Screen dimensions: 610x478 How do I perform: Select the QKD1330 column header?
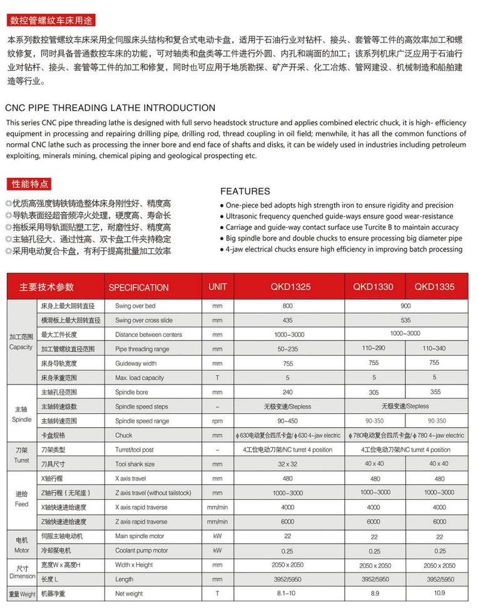coord(373,287)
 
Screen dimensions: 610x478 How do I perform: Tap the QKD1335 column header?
coord(434,287)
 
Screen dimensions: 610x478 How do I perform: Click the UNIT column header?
coord(217,287)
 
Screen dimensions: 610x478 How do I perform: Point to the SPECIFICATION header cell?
coord(138,287)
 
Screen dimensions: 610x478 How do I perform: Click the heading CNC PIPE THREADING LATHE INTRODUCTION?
coord(110,108)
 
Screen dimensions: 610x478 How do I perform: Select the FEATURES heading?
coord(245,191)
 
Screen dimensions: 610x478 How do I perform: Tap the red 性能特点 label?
coord(28,184)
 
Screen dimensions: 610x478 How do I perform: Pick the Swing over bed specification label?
coord(135,306)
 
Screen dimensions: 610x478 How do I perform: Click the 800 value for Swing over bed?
coord(287,306)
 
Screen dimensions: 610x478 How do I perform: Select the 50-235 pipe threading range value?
coord(287,348)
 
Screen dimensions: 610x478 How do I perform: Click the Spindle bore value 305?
coord(374,391)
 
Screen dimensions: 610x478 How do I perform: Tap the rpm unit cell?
coord(217,421)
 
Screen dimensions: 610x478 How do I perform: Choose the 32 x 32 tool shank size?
coord(287,464)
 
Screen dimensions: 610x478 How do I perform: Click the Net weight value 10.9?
coord(435,593)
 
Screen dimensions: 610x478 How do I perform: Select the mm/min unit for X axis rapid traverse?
coord(217,507)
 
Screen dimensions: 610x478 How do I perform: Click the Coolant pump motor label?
coord(141,551)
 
